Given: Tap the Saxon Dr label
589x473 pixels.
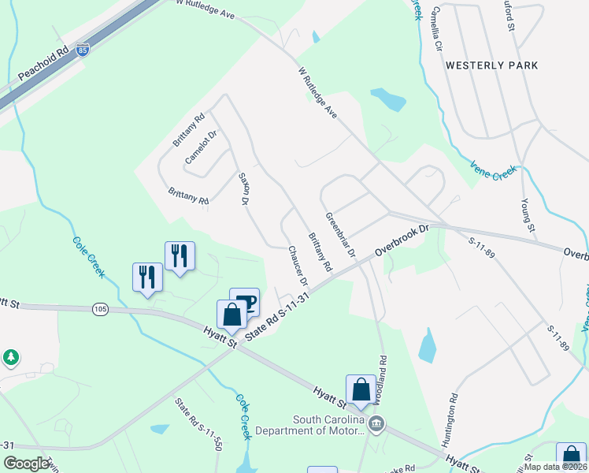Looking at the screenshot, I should pos(243,191).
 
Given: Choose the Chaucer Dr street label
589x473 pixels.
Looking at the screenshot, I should pos(297,265).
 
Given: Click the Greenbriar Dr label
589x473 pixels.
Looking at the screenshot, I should pos(341,234).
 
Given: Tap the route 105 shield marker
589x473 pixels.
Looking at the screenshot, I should pos(99,309).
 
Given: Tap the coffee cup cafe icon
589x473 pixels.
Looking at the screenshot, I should pos(245,302).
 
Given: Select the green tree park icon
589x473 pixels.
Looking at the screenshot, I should pos(10,357).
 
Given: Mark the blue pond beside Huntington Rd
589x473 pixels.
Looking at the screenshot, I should pos(427,345).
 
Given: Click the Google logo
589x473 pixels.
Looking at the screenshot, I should pos(26,464).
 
